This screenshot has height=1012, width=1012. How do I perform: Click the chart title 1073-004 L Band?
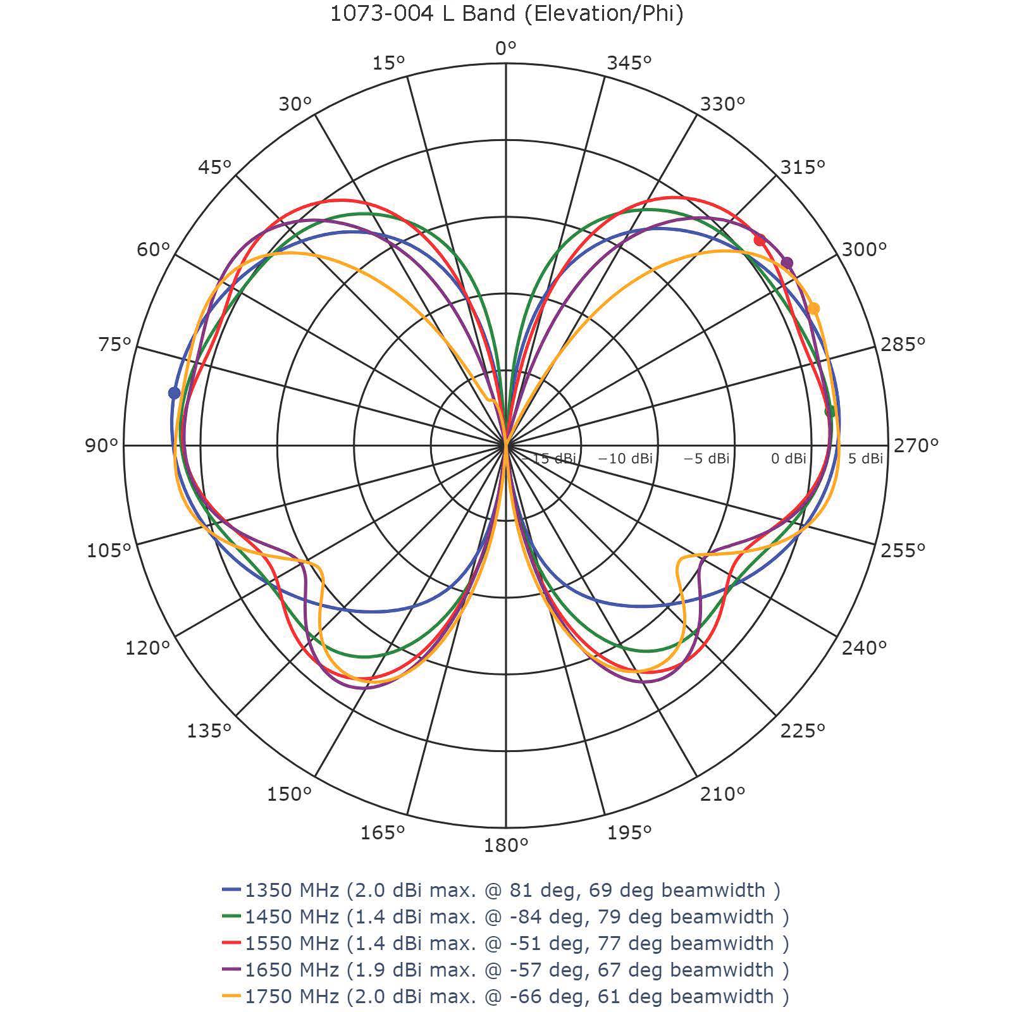coord(507,14)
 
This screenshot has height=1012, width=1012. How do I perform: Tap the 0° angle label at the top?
coord(505,48)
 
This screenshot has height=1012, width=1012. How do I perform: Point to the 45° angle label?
coord(214,167)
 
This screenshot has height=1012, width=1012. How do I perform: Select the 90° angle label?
coord(102,445)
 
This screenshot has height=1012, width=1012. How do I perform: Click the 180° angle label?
coord(506,845)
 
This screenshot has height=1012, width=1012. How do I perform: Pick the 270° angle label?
coord(915,445)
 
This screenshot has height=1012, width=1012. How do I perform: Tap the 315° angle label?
coord(802,167)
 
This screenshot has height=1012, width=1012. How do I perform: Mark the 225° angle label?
coord(802,731)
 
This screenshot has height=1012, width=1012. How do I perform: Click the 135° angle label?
coord(209,731)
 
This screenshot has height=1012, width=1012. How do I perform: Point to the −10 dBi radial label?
coord(625,459)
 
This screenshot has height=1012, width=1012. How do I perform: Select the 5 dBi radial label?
coord(865,459)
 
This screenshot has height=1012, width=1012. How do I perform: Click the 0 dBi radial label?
coord(788,459)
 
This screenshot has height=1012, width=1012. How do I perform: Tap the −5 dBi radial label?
coord(706,459)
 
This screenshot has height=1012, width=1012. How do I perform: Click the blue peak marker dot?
coord(174,393)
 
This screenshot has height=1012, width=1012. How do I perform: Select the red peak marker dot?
coord(760,240)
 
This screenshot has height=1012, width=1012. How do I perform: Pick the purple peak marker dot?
coord(787,262)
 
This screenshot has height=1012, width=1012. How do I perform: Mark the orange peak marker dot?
coord(814,308)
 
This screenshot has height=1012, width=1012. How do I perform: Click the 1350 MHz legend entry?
coord(512,890)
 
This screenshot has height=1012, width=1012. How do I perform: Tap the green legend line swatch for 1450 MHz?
coord(231,916)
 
